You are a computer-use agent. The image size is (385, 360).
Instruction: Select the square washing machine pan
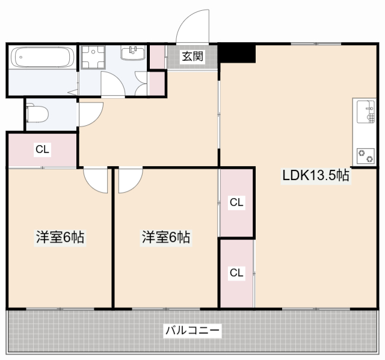point(94,57)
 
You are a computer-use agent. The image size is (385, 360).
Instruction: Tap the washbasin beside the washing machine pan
point(133,54)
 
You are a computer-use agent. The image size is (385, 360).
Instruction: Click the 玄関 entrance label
point(192,57)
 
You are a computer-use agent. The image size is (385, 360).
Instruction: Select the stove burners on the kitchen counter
point(365,155)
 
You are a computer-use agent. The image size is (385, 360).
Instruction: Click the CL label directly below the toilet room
point(42,149)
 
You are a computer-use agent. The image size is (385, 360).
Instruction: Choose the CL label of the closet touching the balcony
point(236,273)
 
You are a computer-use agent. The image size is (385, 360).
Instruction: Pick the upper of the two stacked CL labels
point(236,203)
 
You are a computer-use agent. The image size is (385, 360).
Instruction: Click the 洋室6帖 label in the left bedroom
point(60,237)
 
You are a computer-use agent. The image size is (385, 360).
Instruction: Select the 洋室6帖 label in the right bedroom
point(166,237)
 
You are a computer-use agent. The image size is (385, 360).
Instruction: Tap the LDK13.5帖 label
point(316,176)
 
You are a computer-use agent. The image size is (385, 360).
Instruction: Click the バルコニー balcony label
point(192,330)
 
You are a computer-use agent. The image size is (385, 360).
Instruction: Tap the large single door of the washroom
point(112,84)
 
